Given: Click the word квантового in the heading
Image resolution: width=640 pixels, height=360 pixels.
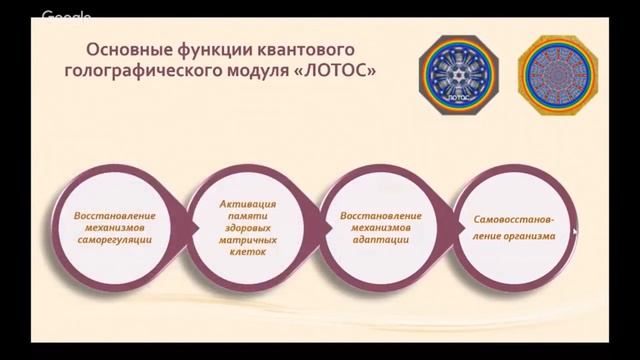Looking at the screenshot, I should pyautogui.click(x=309, y=49).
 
